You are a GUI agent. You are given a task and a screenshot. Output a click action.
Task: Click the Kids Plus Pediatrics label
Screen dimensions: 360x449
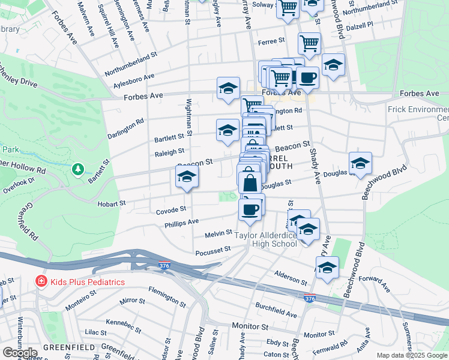pyautogui.click(x=88, y=282)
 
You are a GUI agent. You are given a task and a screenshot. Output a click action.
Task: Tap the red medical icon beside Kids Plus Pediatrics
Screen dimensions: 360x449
pyautogui.click(x=41, y=281)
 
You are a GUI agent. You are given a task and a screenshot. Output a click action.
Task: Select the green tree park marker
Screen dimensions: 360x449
pyautogui.click(x=77, y=170)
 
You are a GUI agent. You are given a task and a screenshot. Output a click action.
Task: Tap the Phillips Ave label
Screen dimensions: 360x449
pyautogui.click(x=182, y=222)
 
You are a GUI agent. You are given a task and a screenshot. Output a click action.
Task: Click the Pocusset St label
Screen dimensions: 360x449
pyautogui.click(x=213, y=250)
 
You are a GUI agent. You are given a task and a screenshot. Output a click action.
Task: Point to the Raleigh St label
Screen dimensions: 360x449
pyautogui.click(x=169, y=152)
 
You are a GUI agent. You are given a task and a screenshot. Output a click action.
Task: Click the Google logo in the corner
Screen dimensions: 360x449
pyautogui.click(x=19, y=353)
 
